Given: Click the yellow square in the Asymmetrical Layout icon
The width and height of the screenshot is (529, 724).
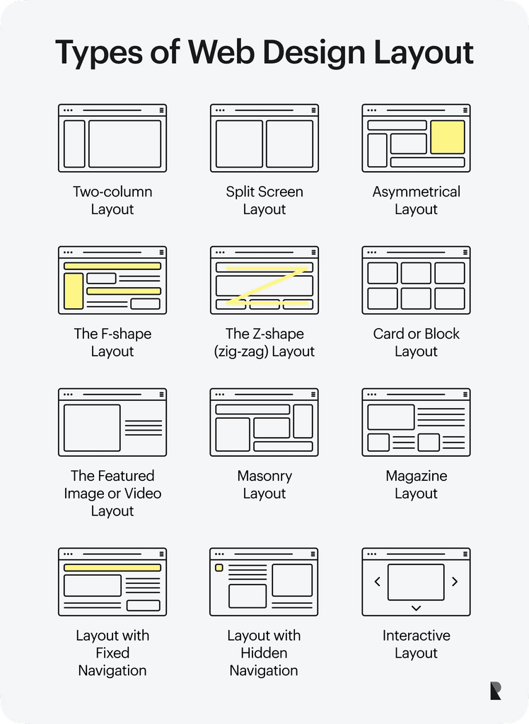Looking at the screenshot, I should click(448, 137).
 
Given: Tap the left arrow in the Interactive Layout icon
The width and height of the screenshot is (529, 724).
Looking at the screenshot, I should click(377, 582).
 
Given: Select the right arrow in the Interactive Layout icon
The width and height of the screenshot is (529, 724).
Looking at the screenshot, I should click(455, 582).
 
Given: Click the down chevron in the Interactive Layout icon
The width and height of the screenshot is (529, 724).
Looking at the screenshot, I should click(416, 608).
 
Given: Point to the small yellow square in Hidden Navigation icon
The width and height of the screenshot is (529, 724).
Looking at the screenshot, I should click(219, 568).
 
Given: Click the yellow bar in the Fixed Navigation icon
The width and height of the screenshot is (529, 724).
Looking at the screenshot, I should click(112, 567).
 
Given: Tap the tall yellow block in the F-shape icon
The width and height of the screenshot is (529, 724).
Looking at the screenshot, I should click(74, 291).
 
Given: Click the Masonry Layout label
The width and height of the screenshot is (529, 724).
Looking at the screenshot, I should click(264, 484).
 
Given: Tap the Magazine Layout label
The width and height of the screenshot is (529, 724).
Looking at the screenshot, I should click(416, 484).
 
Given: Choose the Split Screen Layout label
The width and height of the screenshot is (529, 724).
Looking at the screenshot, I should click(264, 200).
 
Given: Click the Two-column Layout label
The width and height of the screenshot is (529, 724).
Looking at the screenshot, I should click(112, 200).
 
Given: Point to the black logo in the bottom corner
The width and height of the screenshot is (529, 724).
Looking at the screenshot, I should click(496, 691).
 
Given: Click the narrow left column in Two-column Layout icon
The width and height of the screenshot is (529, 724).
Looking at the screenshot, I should click(74, 144).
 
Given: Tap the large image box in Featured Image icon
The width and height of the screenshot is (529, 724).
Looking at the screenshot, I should click(92, 428).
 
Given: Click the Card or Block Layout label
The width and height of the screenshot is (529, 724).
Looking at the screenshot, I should click(416, 342).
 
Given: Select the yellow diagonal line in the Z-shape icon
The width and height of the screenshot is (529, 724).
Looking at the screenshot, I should click(264, 286).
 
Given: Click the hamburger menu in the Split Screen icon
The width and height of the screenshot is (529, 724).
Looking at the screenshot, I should click(313, 110).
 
